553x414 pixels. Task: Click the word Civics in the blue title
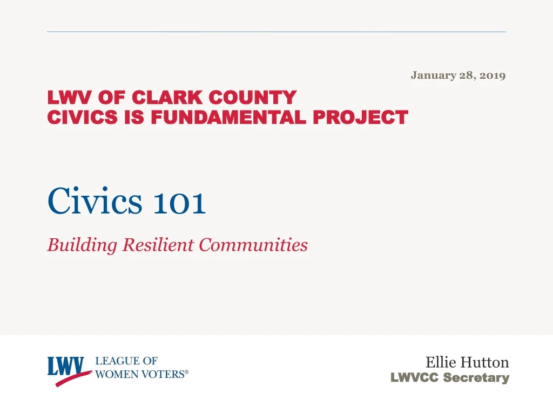click(x=95, y=202)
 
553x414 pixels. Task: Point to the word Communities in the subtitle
click(x=253, y=245)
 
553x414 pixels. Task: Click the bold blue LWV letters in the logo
click(x=68, y=366)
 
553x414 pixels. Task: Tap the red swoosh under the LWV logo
click(x=73, y=378)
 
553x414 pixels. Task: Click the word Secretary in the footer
click(x=476, y=378)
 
